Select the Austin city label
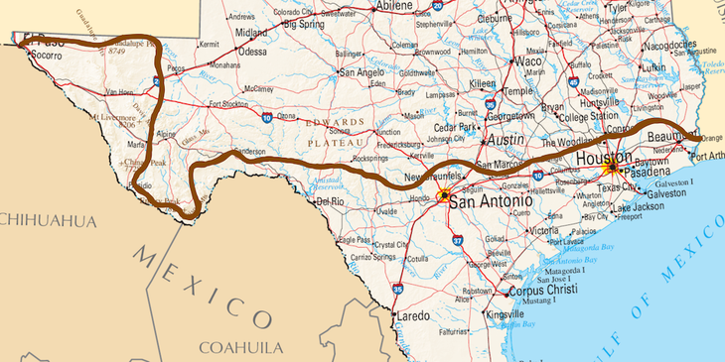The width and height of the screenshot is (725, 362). click(x=506, y=140)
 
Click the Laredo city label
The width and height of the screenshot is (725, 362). click(x=413, y=315)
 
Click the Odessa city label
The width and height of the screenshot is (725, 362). click(x=253, y=51)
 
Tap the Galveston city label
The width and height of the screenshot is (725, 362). click(x=666, y=194)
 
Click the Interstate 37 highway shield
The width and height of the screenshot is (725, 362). click(x=457, y=240)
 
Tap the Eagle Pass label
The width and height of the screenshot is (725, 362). click(x=354, y=239)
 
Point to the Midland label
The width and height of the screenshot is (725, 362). click(x=250, y=32)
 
